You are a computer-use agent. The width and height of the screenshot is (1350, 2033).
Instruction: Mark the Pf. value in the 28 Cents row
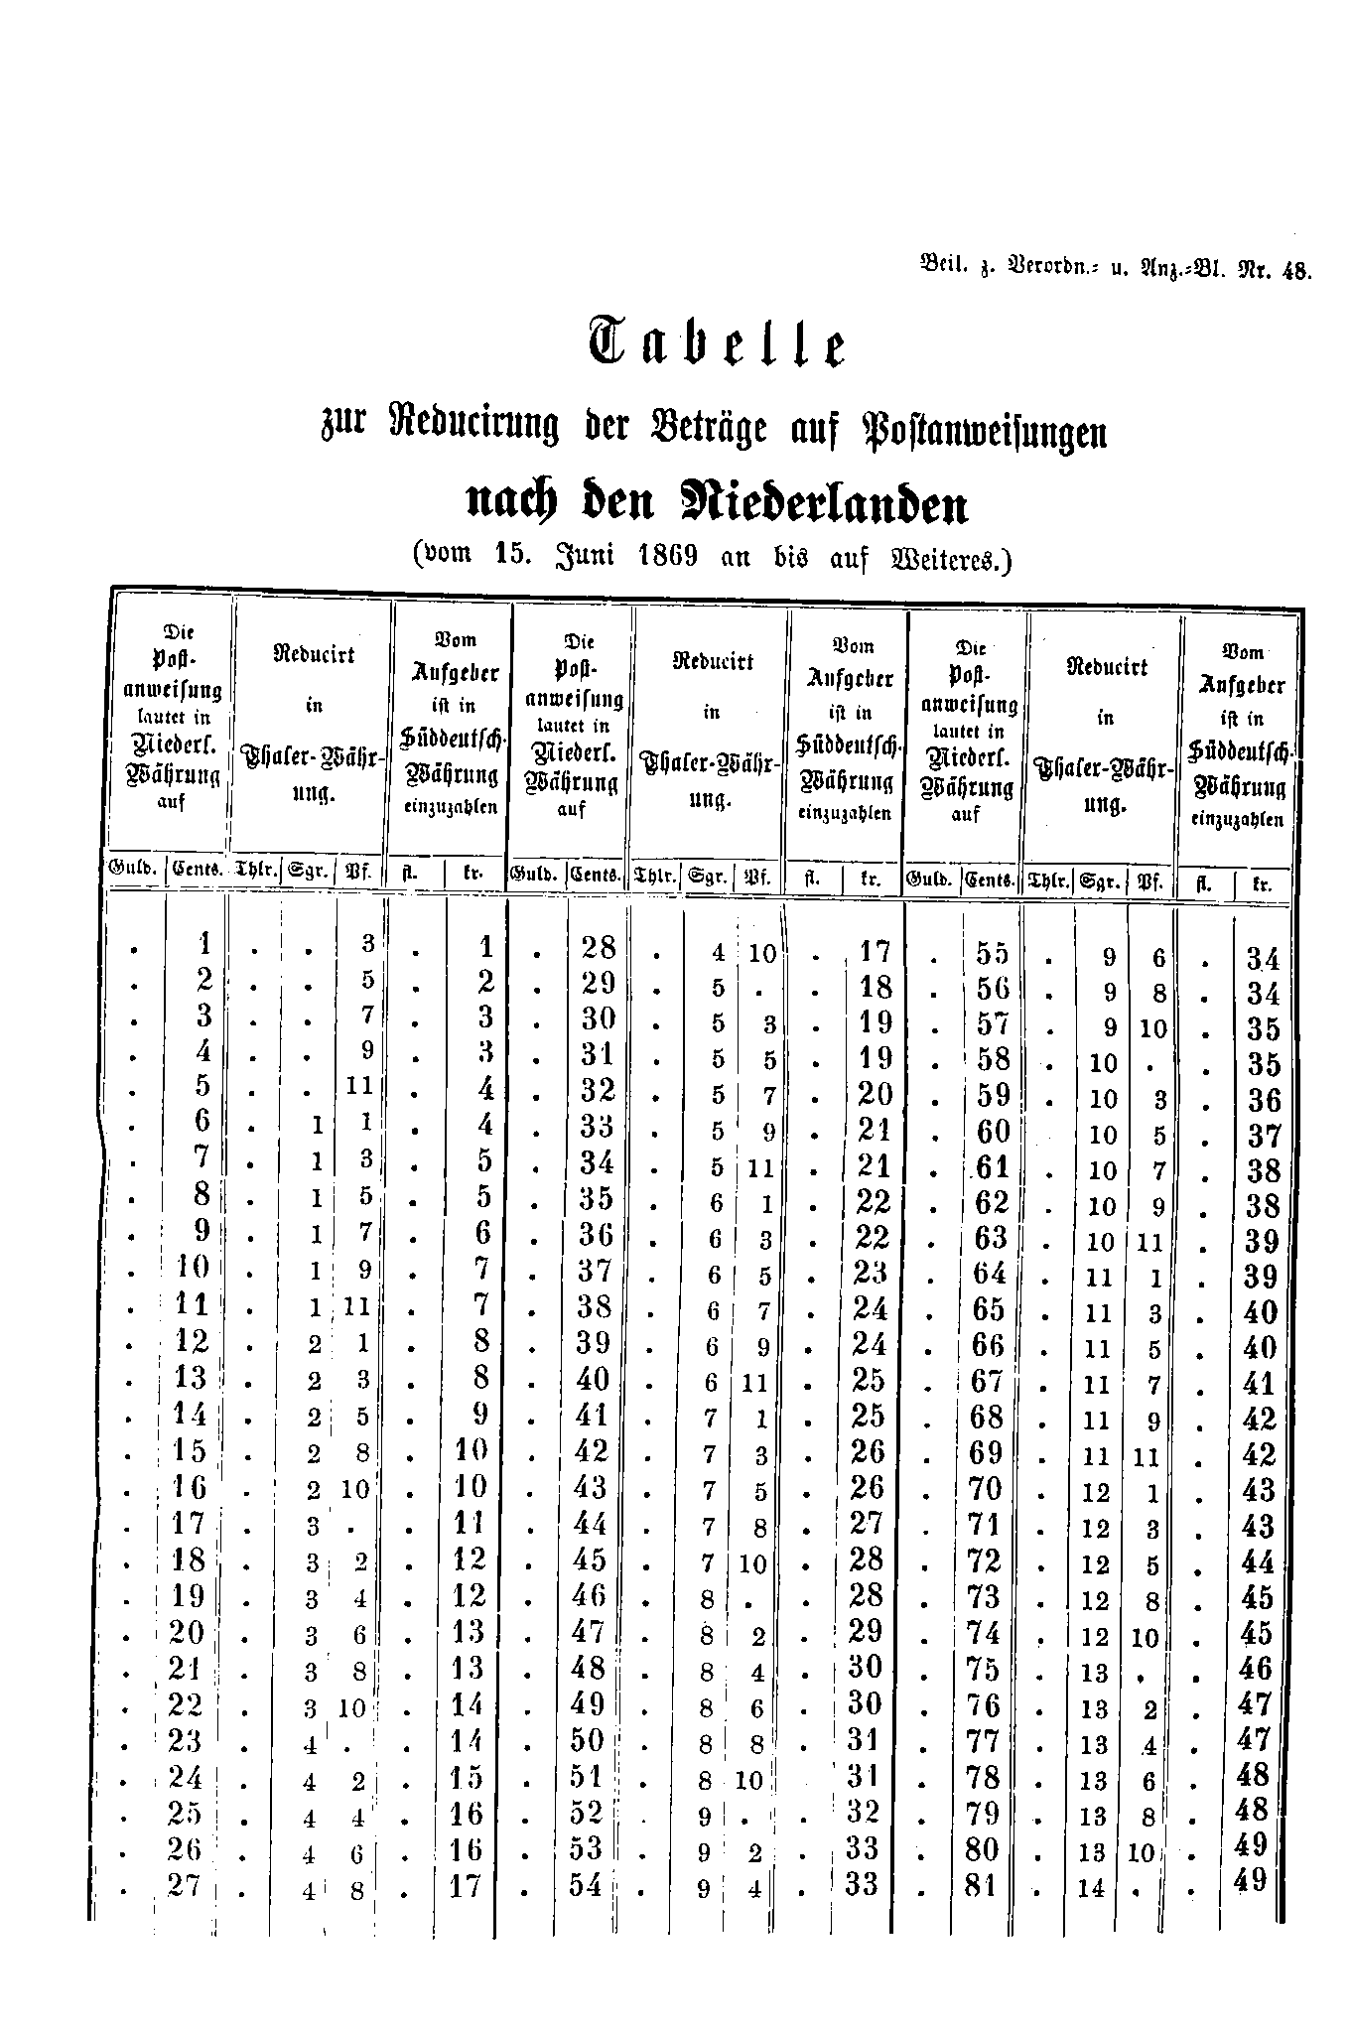pos(761,954)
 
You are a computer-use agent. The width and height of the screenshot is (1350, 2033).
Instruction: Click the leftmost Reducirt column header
pos(314,655)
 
